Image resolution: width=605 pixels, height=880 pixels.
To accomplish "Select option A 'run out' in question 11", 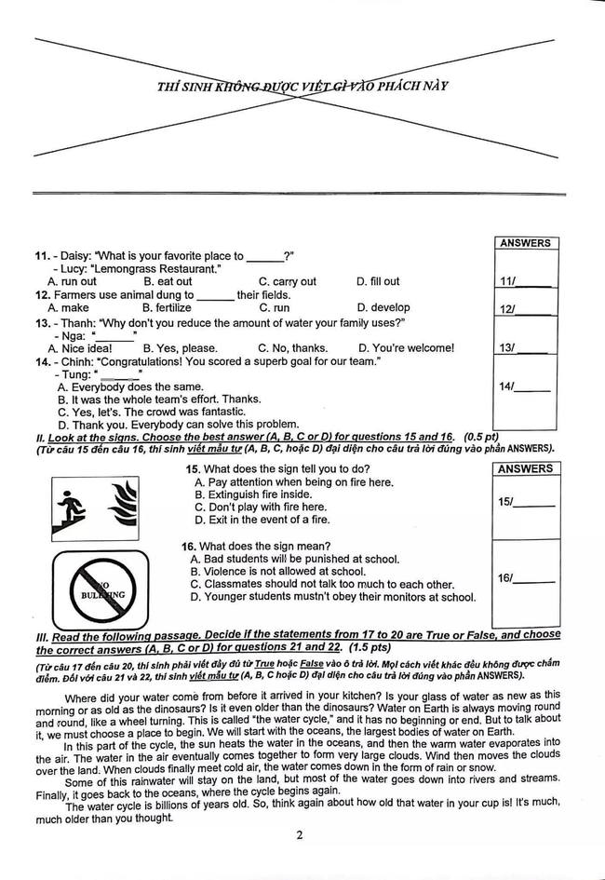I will coord(72,281).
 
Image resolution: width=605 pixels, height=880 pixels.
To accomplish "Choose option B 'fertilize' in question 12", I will coord(167,307).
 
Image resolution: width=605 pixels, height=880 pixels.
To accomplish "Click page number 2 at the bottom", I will coord(300,834).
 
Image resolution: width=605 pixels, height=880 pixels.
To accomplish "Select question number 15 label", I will coord(192,468).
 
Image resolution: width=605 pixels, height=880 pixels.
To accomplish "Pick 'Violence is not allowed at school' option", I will coord(277,571).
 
